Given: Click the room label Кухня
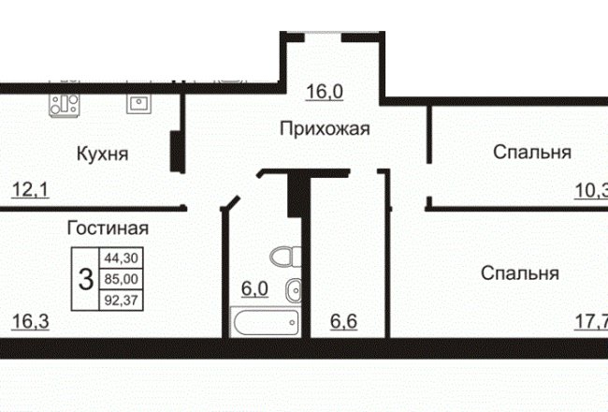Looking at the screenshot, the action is [102, 154].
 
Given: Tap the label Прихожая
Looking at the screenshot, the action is [325, 129].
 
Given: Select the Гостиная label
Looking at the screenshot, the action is [108, 228].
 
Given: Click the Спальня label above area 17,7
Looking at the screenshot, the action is [520, 273].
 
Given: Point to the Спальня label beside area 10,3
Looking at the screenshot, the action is [532, 152].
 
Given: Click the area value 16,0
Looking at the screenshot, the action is [325, 92].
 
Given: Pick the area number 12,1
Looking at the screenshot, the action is [30, 190].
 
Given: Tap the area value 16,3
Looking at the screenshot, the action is [31, 321].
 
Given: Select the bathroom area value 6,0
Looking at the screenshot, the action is [254, 289].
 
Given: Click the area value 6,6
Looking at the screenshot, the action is [343, 321].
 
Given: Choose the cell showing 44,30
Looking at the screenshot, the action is [122, 257].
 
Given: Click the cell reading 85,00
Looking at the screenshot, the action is [122, 279].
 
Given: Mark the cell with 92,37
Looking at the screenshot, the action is [122, 301].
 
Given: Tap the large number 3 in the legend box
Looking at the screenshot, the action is [86, 280].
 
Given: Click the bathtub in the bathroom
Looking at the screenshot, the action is [266, 322].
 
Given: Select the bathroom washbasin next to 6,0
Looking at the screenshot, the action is [294, 290].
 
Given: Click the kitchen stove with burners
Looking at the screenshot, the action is [64, 105].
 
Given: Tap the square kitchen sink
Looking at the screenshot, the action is [138, 104].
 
